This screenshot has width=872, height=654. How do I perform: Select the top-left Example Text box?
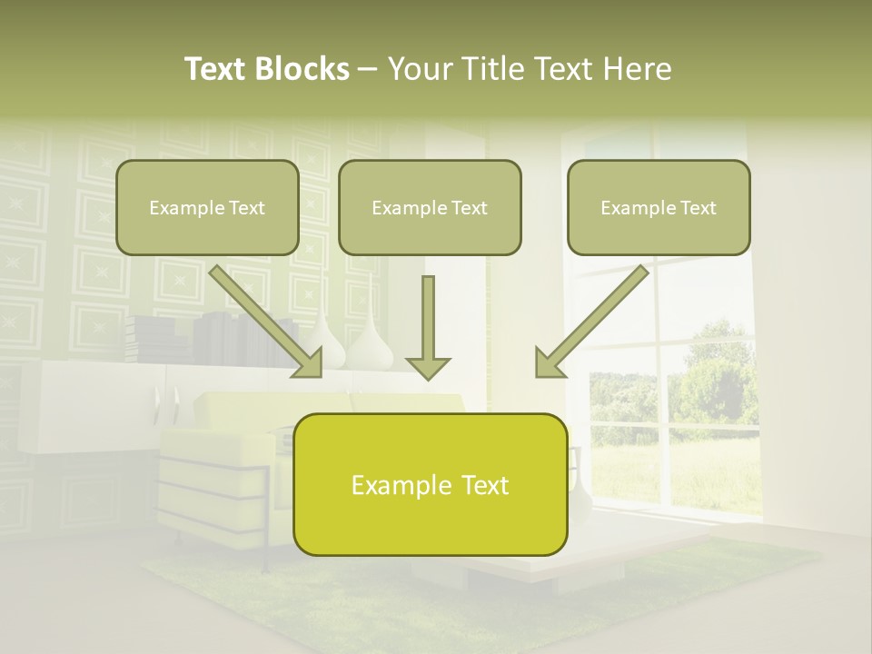(x=207, y=207)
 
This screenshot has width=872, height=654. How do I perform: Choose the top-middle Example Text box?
(x=430, y=207)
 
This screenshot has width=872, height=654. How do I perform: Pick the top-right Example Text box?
(x=659, y=207)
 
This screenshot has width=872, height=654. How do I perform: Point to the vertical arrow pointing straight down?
(x=428, y=327)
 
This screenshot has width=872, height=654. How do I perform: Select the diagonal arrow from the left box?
(x=263, y=318)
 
